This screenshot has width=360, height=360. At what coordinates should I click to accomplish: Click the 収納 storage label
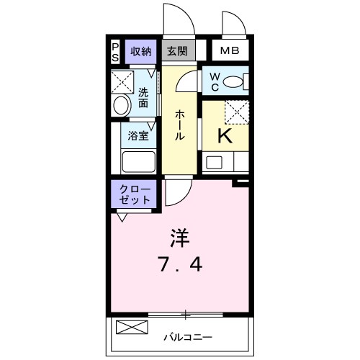pyautogui.click(x=140, y=50)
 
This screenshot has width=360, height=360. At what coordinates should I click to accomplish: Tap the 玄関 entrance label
pyautogui.click(x=177, y=51)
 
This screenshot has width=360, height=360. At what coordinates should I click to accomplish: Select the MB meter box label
pyautogui.click(x=230, y=50)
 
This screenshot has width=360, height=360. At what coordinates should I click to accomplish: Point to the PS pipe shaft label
pyautogui.click(x=115, y=50)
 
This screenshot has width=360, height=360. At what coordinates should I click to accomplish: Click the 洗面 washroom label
pyautogui.click(x=143, y=98)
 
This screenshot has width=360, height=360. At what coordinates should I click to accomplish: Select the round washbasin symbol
pyautogui.click(x=121, y=105)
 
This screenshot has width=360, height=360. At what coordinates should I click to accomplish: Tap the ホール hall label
pyautogui.click(x=179, y=124)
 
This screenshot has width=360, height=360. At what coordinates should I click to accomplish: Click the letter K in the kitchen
pyautogui.click(x=224, y=136)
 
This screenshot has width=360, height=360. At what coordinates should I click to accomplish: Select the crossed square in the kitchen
pyautogui.click(x=235, y=112)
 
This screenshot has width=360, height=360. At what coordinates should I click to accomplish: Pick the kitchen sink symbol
pyautogui.click(x=213, y=161)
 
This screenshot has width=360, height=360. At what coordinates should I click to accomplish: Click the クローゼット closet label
pyautogui.click(x=132, y=194)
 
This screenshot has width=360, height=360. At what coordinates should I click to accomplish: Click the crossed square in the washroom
pyautogui.click(x=123, y=81)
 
